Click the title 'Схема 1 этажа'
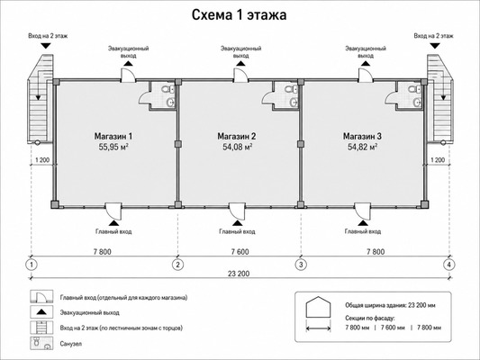(x=239, y=15)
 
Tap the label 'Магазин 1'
(x=113, y=136)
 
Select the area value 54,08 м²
(x=237, y=147)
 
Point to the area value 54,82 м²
(x=362, y=147)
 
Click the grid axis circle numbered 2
(x=177, y=265)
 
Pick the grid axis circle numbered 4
(x=449, y=265)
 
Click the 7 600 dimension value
(x=240, y=252)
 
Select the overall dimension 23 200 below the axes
(x=239, y=274)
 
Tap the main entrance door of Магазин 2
(x=238, y=210)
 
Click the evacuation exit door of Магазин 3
(x=366, y=76)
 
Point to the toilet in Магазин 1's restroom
(x=167, y=90)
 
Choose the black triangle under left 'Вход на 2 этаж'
(x=46, y=46)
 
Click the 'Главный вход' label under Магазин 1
(x=113, y=231)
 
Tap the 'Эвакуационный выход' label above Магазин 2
(x=241, y=52)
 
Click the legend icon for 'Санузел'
(x=41, y=343)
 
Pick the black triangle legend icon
(x=41, y=312)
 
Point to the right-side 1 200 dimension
(x=438, y=160)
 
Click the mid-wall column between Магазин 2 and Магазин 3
(x=301, y=143)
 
